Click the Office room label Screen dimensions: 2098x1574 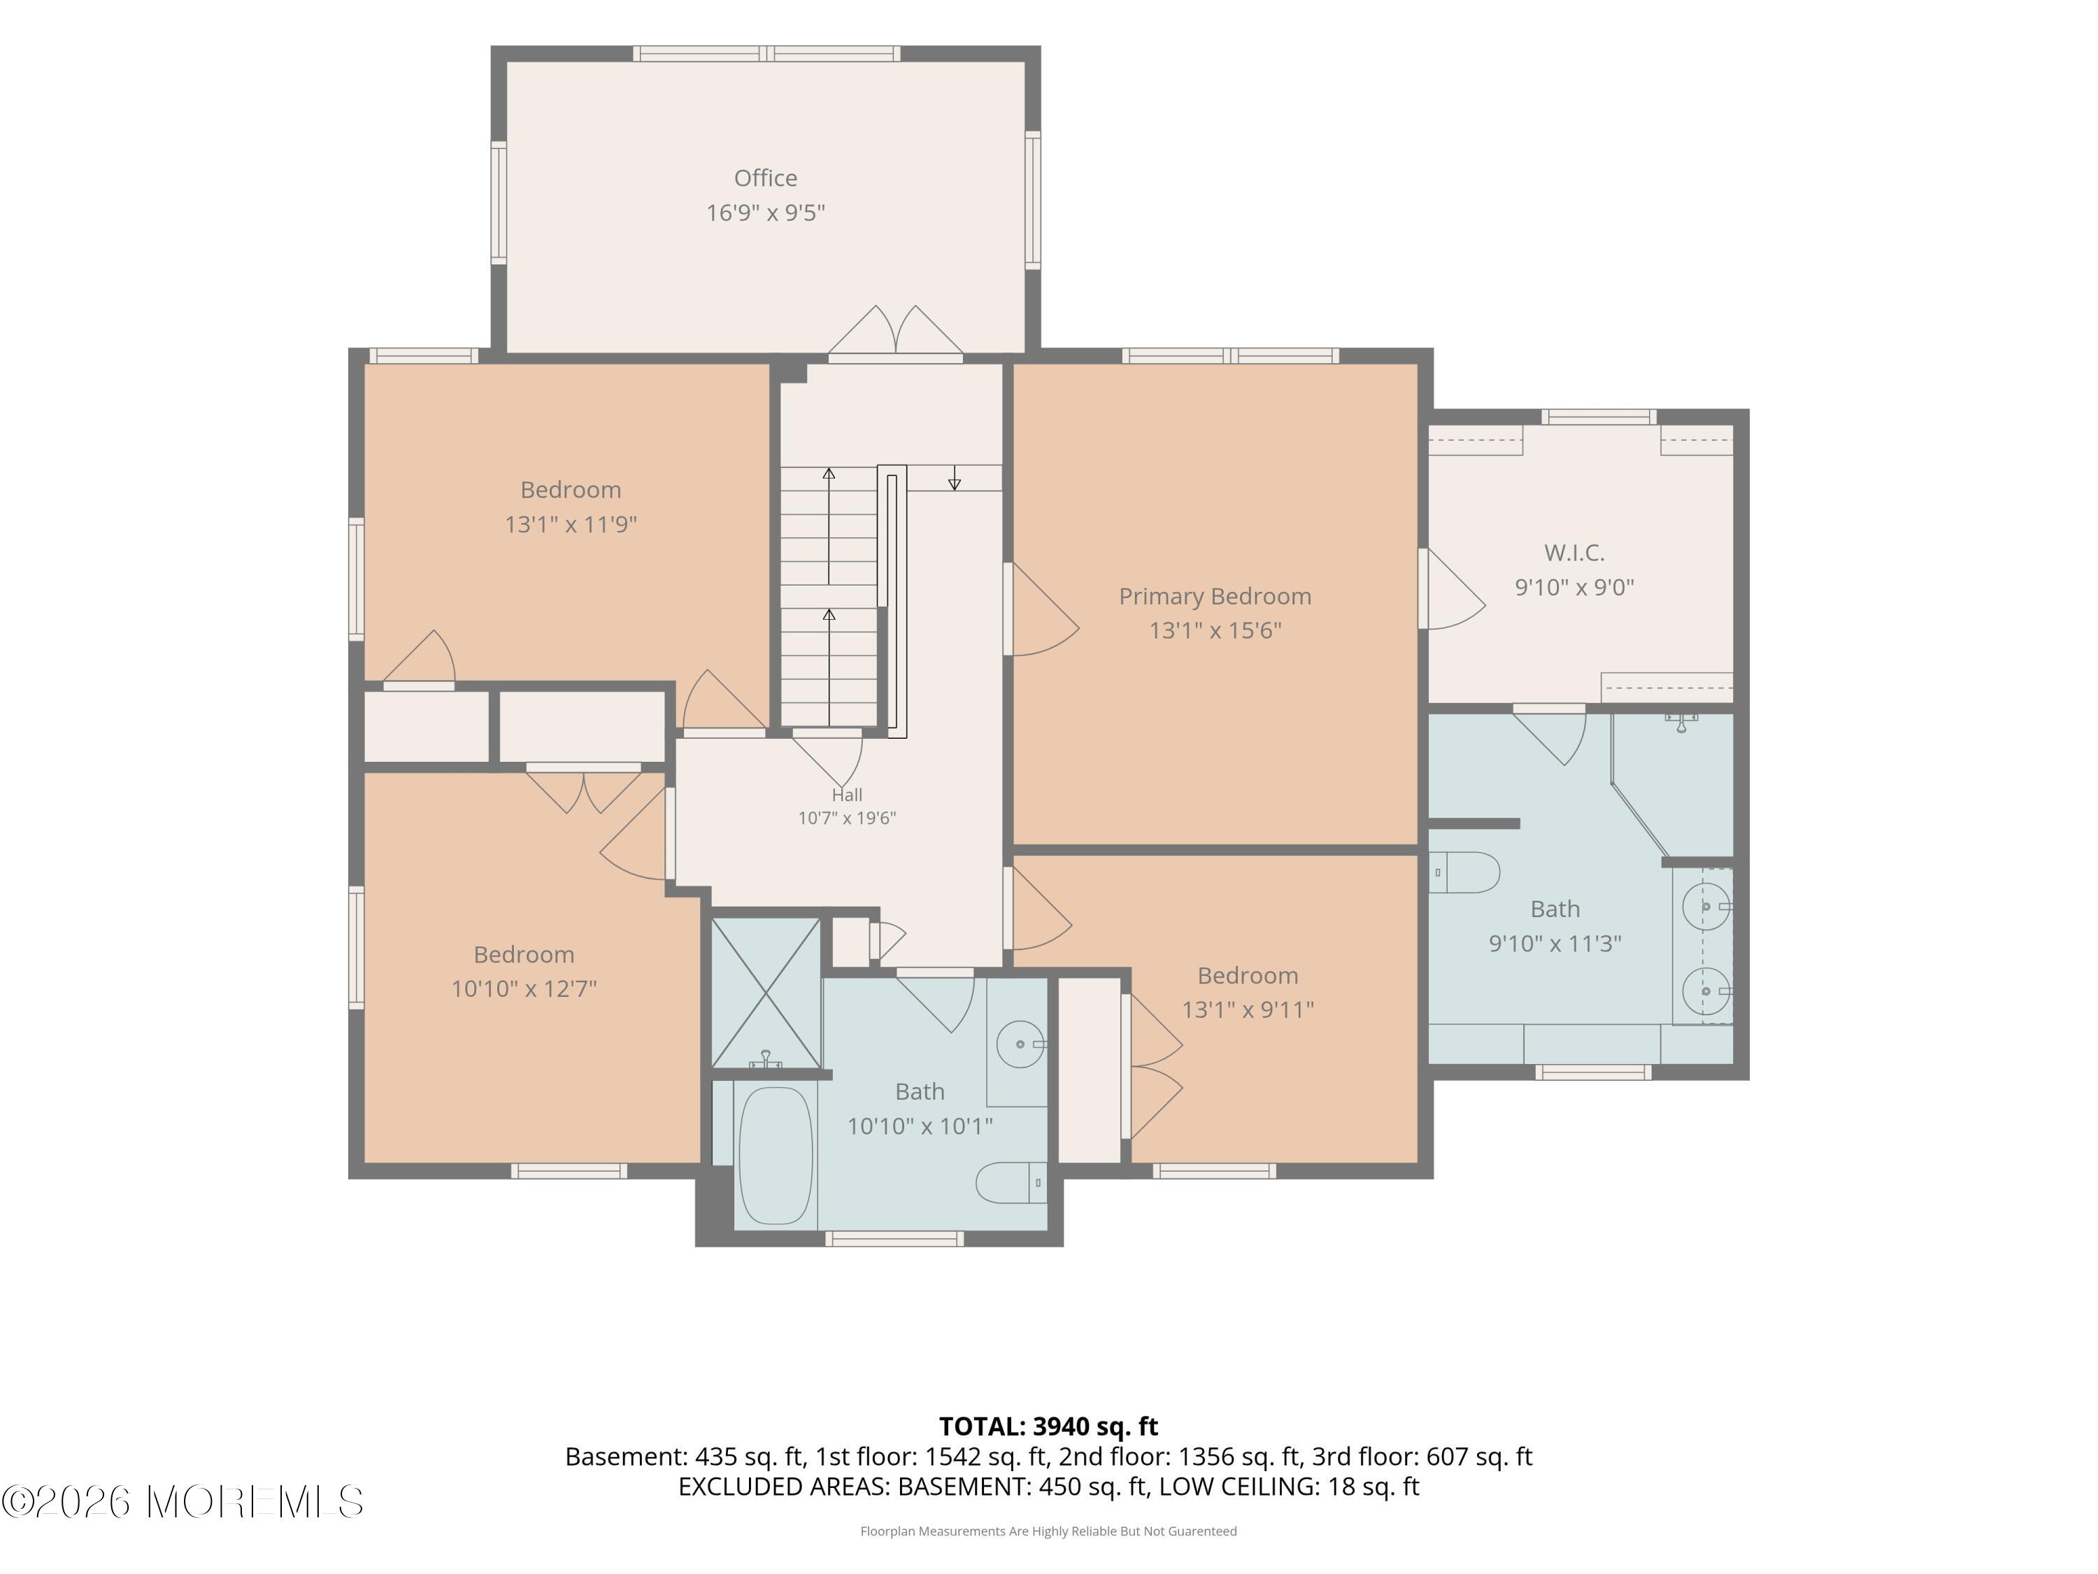765,178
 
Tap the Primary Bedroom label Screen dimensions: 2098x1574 1215,597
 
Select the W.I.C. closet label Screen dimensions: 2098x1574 1574,552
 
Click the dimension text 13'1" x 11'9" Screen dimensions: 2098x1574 571,524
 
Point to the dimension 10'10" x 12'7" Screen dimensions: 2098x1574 524,988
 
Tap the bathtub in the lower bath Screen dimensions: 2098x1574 776,1155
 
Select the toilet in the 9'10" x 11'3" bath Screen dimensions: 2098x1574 1464,872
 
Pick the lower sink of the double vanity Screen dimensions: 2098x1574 1706,991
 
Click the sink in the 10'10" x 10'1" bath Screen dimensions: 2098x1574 1022,1044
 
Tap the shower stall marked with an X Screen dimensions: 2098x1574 766,993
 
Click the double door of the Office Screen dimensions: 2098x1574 897,332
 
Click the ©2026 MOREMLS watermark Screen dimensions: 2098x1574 182,1502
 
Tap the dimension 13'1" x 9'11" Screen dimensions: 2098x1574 1247,1009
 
